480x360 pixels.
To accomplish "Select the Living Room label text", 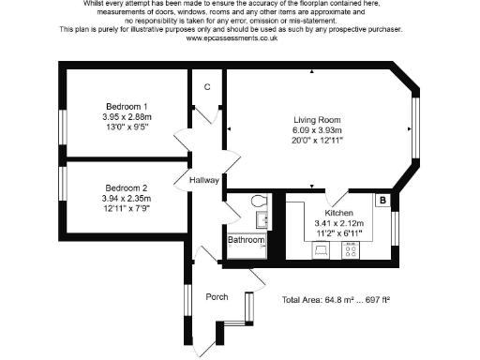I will tap(318, 120).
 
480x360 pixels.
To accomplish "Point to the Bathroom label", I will tap(247, 241).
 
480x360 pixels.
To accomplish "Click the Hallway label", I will tap(203, 180).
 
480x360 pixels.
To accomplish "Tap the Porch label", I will tap(217, 297).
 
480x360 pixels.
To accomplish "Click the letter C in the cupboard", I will tap(206, 86).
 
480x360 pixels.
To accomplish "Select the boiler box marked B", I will tap(382, 200).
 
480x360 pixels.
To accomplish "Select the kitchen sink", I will tap(320, 250).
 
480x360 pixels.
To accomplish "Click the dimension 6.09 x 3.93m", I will tap(318, 130).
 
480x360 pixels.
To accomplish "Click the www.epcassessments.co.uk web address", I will tap(231, 38).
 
